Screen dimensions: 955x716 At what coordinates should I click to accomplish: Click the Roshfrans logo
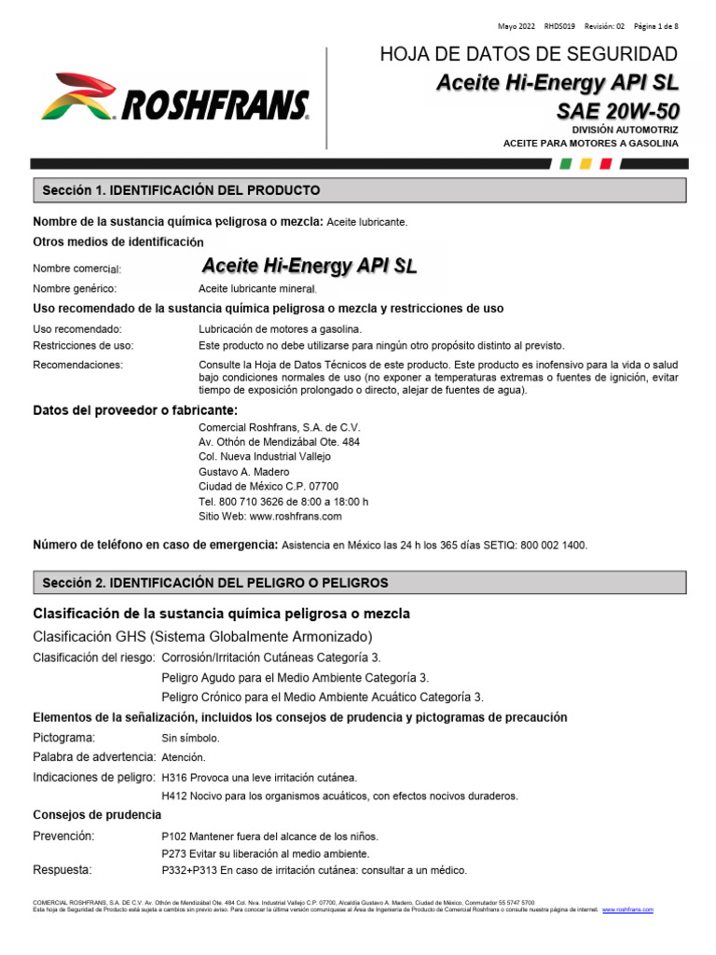[x=175, y=97]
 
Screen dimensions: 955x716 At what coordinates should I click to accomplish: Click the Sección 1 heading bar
[x=360, y=190]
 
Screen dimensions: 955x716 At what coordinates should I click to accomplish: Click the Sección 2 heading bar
[x=360, y=583]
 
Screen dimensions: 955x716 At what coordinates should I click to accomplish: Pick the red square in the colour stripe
[x=606, y=163]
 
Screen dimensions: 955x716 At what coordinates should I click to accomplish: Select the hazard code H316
[x=174, y=777]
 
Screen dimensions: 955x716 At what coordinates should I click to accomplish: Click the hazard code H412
[x=174, y=796]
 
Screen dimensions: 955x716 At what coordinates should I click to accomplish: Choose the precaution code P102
[x=174, y=837]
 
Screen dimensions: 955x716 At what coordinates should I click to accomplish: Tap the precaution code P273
[x=174, y=853]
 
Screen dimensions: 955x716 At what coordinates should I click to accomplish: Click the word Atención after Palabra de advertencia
[x=184, y=757]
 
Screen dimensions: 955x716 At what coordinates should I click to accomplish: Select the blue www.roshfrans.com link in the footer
[x=628, y=909]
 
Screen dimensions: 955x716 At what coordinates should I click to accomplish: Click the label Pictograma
[x=64, y=738]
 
